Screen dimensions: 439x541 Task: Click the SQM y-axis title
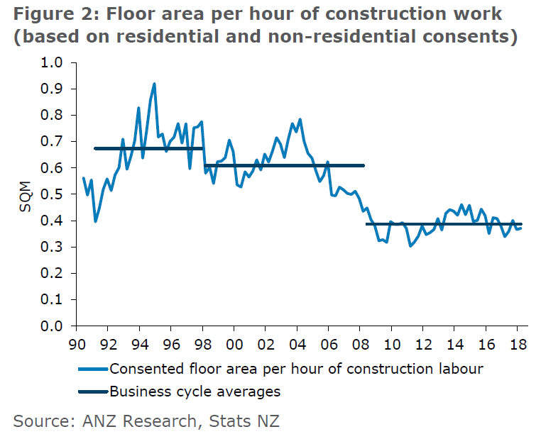[24, 194]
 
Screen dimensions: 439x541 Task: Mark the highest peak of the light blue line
[154, 84]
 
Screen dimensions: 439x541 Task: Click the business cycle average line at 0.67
[149, 148]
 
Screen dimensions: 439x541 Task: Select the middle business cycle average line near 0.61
[284, 165]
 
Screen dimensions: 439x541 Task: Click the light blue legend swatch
[92, 369]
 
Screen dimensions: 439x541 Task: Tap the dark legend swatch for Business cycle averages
[92, 391]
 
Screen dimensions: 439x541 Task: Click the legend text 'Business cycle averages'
[195, 391]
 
